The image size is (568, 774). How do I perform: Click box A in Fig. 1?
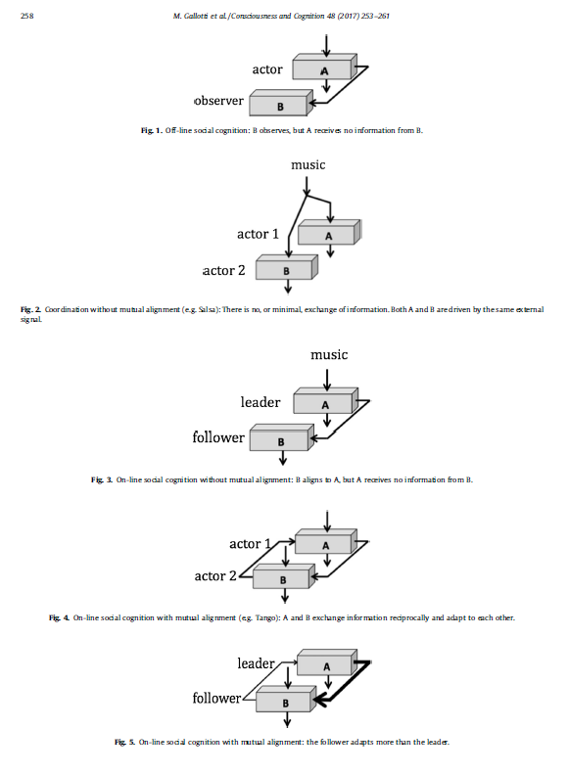pyautogui.click(x=324, y=67)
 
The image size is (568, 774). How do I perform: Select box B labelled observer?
pyautogui.click(x=281, y=103)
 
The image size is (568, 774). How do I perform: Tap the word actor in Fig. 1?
pyautogui.click(x=267, y=69)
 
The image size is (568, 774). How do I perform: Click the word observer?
pyautogui.click(x=219, y=101)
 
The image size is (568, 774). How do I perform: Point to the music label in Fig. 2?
pyautogui.click(x=308, y=164)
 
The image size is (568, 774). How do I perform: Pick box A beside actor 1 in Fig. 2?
pyautogui.click(x=329, y=232)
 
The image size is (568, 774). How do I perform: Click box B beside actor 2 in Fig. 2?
pyautogui.click(x=287, y=267)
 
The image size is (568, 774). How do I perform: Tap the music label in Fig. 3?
pyautogui.click(x=329, y=355)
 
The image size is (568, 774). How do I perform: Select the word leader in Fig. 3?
pyautogui.click(x=260, y=402)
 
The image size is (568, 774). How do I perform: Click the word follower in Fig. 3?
pyautogui.click(x=218, y=437)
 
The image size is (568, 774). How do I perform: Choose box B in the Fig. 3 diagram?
pyautogui.click(x=281, y=437)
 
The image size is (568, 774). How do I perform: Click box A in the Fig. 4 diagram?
pyautogui.click(x=326, y=541)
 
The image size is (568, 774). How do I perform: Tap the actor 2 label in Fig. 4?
pyautogui.click(x=215, y=576)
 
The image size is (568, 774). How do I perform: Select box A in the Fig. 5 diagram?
pyautogui.click(x=327, y=661)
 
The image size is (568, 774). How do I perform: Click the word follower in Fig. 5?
pyautogui.click(x=216, y=698)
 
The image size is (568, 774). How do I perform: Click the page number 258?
pyautogui.click(x=26, y=16)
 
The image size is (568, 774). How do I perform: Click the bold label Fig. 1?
pyautogui.click(x=152, y=131)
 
